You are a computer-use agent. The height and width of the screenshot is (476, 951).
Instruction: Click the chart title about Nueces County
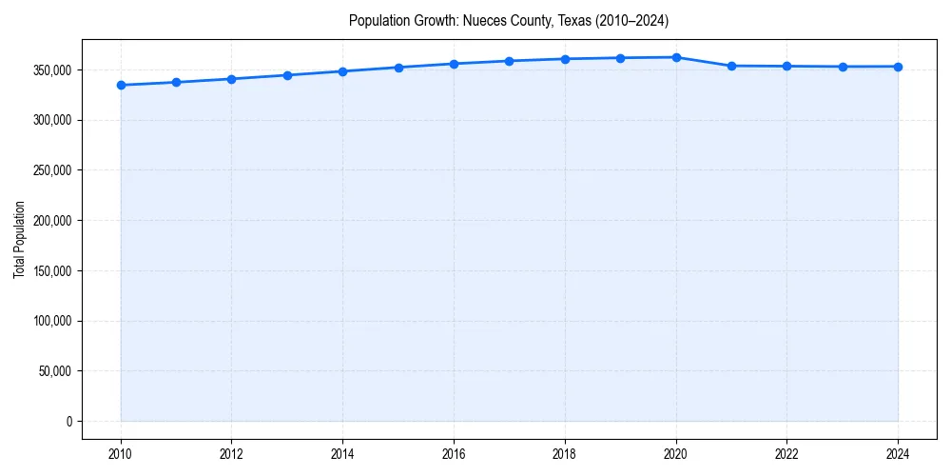click(x=509, y=20)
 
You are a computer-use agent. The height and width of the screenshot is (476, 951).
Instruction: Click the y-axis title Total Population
click(x=19, y=239)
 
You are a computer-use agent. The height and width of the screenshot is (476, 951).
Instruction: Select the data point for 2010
click(x=121, y=85)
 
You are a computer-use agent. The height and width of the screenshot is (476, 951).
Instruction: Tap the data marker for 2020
click(x=676, y=57)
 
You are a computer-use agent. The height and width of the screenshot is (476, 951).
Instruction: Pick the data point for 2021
click(x=731, y=66)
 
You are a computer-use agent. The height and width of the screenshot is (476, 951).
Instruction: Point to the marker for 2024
click(x=898, y=67)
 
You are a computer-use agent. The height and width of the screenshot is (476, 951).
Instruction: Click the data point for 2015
click(x=398, y=68)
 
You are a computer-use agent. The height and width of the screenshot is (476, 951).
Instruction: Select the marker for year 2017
click(x=510, y=61)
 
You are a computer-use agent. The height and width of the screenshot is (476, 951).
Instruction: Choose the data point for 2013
click(x=287, y=75)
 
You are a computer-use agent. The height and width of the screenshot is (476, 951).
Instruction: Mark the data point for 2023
click(x=843, y=67)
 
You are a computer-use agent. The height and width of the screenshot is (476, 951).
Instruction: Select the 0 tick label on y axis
click(x=68, y=421)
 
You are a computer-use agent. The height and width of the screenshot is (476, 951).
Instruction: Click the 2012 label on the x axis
click(x=232, y=454)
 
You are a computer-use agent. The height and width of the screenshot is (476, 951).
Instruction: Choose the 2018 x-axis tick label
click(x=565, y=454)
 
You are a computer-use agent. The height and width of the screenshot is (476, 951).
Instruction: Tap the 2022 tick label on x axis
click(x=787, y=454)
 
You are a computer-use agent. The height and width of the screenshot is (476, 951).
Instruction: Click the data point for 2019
click(x=620, y=58)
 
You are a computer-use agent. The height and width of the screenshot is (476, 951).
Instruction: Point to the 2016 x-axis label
click(x=454, y=454)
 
